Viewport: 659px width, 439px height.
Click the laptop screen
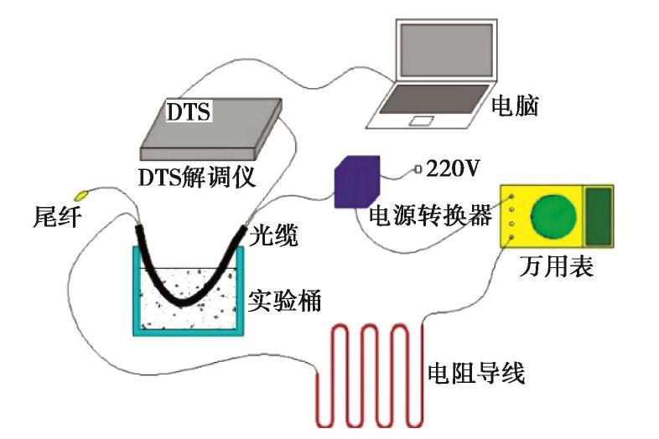coord(446,50)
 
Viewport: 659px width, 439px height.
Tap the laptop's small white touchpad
coord(422,121)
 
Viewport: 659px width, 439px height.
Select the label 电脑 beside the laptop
coord(516,105)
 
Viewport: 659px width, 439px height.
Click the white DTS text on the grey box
coord(189,111)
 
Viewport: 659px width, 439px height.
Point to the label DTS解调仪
coord(197,178)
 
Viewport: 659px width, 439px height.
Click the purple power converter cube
coord(357,182)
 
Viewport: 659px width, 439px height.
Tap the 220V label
coord(453,168)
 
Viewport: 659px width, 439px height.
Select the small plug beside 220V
coord(418,169)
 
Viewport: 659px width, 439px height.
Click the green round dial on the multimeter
coord(553,217)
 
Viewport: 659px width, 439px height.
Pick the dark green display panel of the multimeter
coord(599,216)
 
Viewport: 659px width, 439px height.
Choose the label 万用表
coord(556,266)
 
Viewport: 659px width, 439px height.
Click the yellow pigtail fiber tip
coord(81,195)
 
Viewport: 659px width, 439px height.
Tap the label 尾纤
coord(57,217)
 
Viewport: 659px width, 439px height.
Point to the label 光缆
coord(273,235)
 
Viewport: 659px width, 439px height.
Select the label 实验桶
coord(284,300)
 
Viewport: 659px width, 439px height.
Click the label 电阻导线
coord(476,373)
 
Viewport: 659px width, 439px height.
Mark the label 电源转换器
coord(430,215)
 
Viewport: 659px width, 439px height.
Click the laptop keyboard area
coord(434,99)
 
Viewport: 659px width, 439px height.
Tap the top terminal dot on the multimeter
coord(512,196)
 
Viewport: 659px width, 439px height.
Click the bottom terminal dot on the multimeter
coord(512,237)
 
